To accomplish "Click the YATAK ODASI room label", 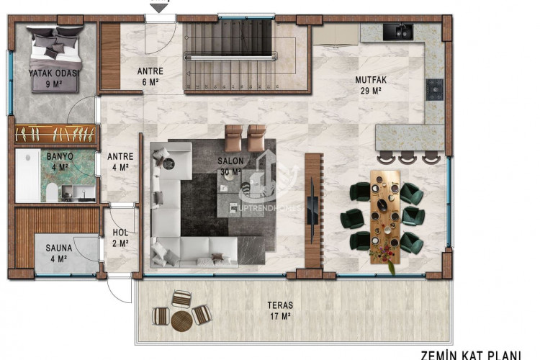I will pyautogui.click(x=54, y=78).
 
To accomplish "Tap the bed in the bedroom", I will pyautogui.click(x=55, y=45).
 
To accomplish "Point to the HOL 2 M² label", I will pyautogui.click(x=120, y=238).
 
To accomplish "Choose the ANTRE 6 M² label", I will pyautogui.click(x=150, y=76).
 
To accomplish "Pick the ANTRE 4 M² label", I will pyautogui.click(x=118, y=161).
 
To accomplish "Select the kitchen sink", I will pyautogui.click(x=397, y=32).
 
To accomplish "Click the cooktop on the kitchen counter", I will pyautogui.click(x=434, y=89).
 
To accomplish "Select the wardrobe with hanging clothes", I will pyautogui.click(x=55, y=134).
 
